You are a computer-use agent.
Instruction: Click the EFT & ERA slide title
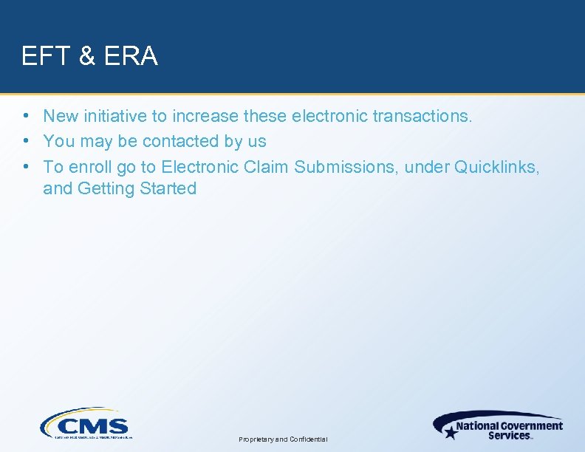pyautogui.click(x=89, y=56)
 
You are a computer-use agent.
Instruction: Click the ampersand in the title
pyautogui.click(x=86, y=56)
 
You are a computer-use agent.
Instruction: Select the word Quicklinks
pyautogui.click(x=497, y=166)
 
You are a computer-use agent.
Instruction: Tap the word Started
pyautogui.click(x=168, y=188)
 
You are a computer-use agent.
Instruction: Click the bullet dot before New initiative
pyautogui.click(x=26, y=116)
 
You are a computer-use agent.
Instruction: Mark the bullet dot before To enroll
pyautogui.click(x=26, y=166)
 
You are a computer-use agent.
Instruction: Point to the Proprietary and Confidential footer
pyautogui.click(x=284, y=439)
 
